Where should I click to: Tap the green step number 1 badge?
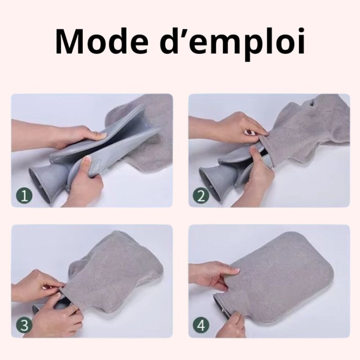[x=24, y=196]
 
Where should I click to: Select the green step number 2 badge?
[x=201, y=196]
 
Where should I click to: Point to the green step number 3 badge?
[x=24, y=325]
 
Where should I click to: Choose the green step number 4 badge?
[x=201, y=325]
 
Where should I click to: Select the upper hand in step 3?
[x=39, y=285]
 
